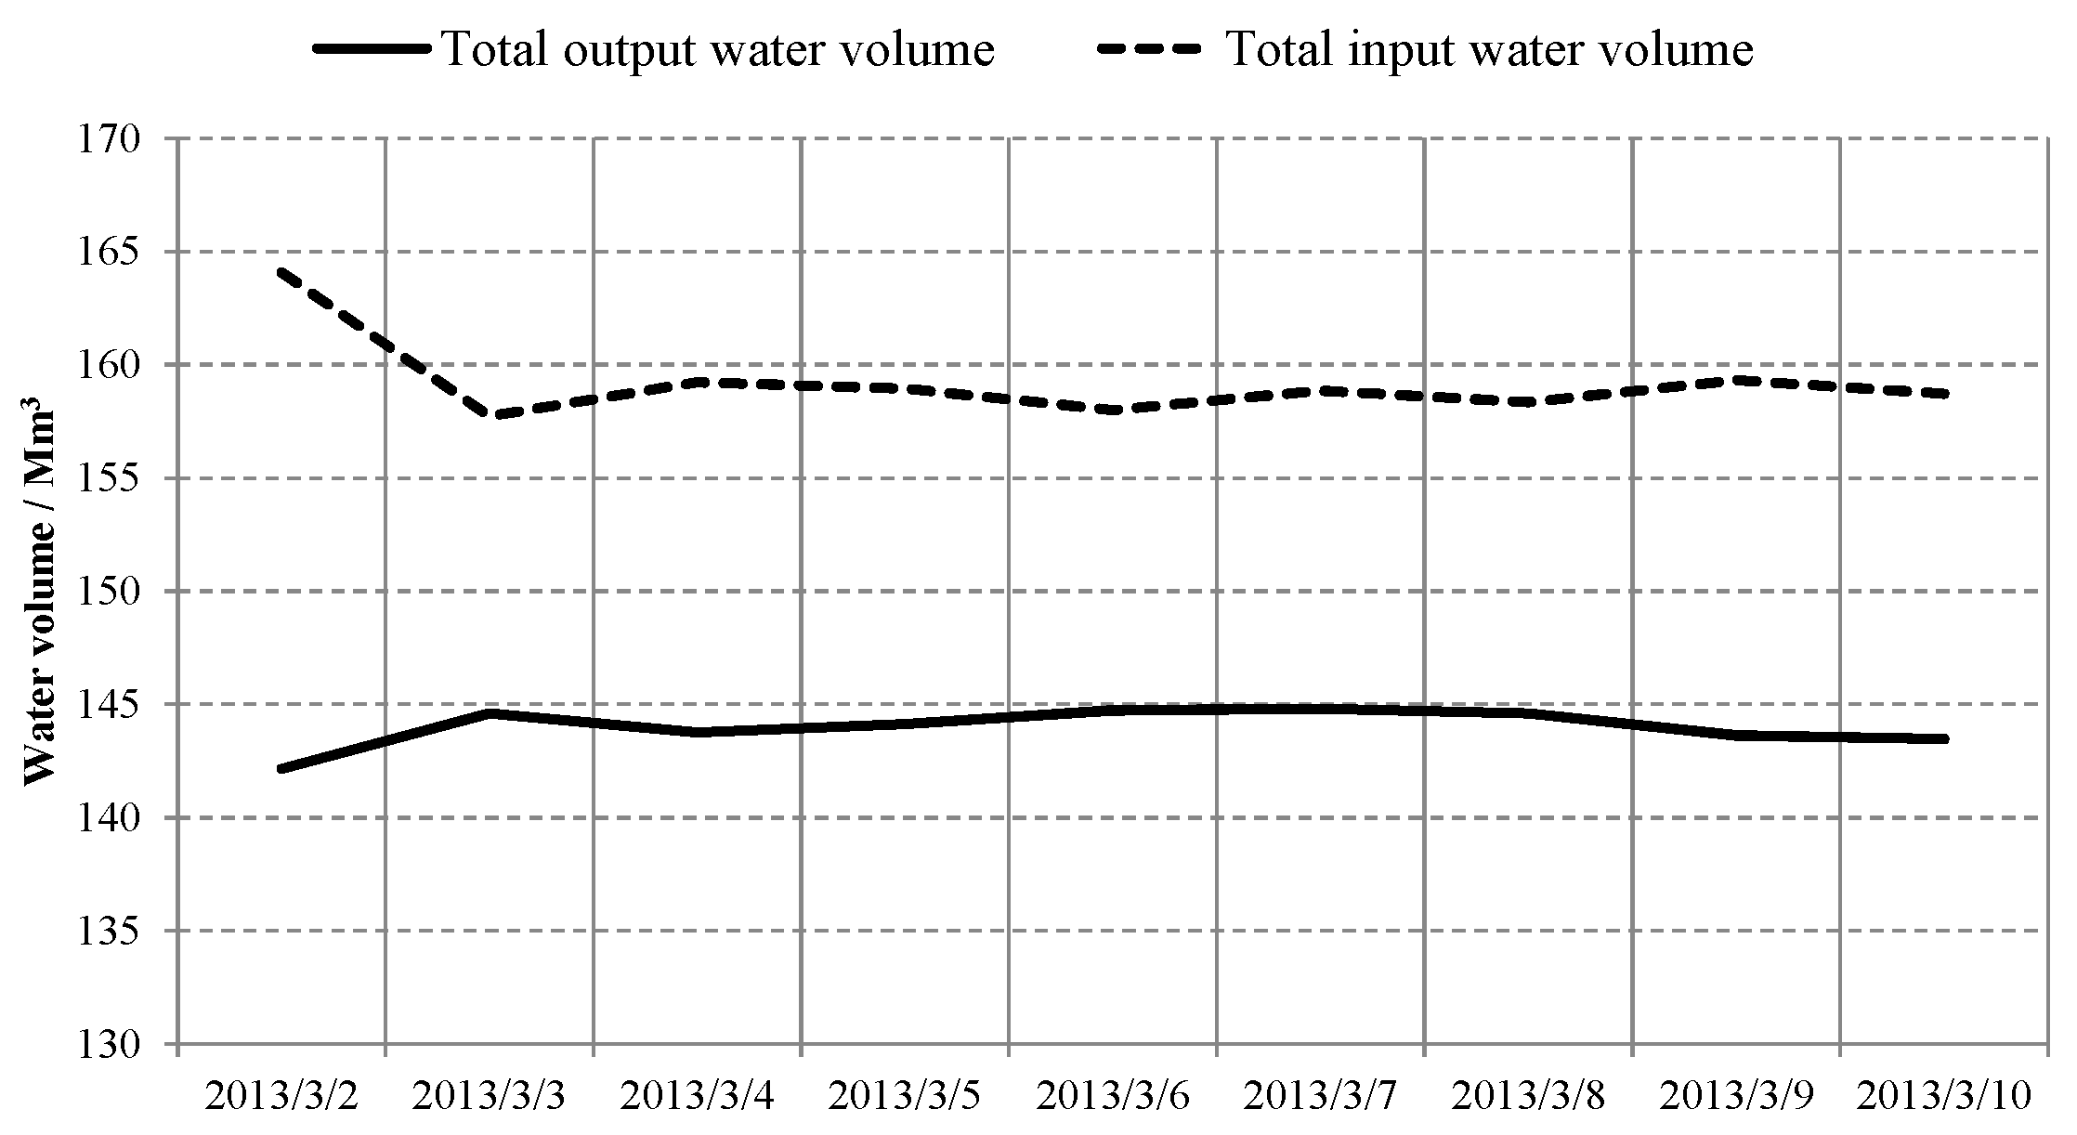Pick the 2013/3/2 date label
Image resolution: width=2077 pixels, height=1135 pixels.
click(281, 1097)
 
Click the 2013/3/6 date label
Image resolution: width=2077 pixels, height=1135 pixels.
click(1112, 1097)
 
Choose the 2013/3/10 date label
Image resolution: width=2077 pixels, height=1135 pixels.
click(1943, 1097)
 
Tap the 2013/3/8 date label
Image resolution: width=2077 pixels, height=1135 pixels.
click(1528, 1097)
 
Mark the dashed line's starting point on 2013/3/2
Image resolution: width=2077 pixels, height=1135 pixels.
click(281, 272)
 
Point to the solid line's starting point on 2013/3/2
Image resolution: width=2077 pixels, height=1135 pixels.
click(281, 769)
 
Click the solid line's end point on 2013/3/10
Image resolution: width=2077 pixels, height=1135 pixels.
click(1942, 739)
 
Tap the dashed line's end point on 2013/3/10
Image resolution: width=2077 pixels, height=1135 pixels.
click(1942, 394)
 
